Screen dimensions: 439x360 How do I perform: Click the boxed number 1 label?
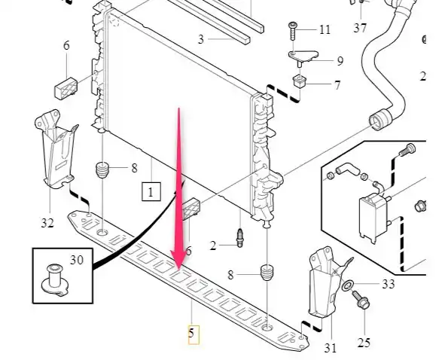pyautogui.click(x=151, y=192)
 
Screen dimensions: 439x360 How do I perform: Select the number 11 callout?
pyautogui.click(x=325, y=29)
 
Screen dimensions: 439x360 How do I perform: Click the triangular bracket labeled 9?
pyautogui.click(x=303, y=56)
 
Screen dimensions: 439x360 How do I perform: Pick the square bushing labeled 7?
pyautogui.click(x=299, y=81)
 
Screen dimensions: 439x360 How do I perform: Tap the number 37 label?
pyautogui.click(x=360, y=28)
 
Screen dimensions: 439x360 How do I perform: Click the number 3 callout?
pyautogui.click(x=201, y=39)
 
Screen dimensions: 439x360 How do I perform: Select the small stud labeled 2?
pyautogui.click(x=239, y=238)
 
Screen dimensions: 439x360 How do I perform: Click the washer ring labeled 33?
pyautogui.click(x=347, y=285)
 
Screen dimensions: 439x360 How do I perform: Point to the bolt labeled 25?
pyautogui.click(x=361, y=300)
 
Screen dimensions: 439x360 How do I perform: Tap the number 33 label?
pyautogui.click(x=389, y=284)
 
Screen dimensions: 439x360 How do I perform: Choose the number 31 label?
pyautogui.click(x=331, y=348)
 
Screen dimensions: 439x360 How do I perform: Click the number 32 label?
pyautogui.click(x=47, y=223)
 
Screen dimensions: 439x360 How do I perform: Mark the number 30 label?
pyautogui.click(x=77, y=260)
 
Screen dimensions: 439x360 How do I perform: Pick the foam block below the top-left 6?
pyautogui.click(x=66, y=88)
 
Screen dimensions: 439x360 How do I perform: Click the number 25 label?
pyautogui.click(x=364, y=343)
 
